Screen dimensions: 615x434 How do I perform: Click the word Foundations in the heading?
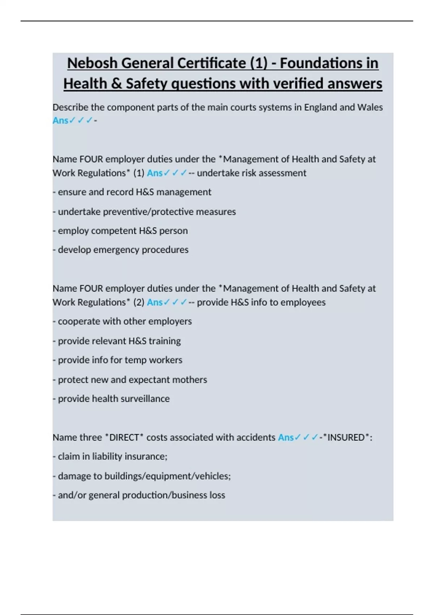[329, 63]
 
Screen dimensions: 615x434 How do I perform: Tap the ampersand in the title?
[117, 84]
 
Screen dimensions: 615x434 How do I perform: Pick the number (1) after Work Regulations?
[139, 173]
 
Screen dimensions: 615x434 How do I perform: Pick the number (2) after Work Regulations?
[139, 302]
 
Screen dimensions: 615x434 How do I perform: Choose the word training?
[165, 341]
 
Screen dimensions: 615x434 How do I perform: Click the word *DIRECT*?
[124, 438]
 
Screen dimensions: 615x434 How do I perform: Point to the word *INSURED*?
[346, 438]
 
